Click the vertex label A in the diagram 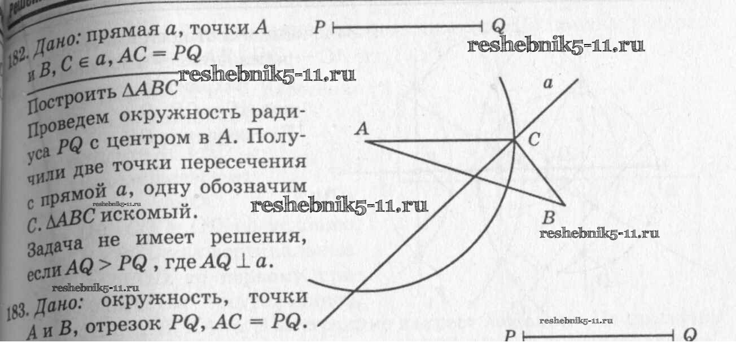click(x=362, y=130)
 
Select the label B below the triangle click(x=547, y=218)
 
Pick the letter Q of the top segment click(x=498, y=25)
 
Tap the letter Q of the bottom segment click(x=690, y=336)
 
